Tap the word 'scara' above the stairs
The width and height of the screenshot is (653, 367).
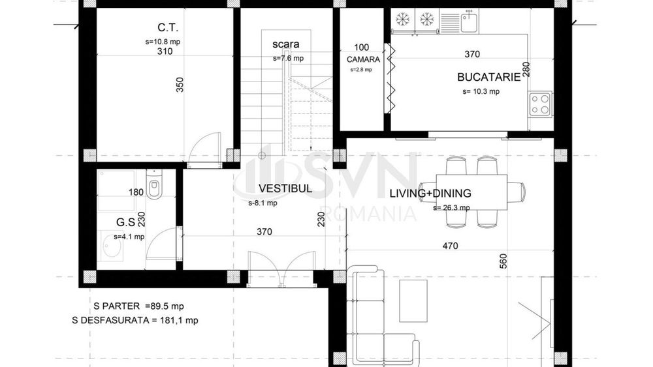[x=286, y=44]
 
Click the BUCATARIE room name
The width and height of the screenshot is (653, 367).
[x=488, y=77]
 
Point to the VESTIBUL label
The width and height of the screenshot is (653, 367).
[x=285, y=189]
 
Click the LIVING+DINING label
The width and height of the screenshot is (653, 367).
[x=430, y=194]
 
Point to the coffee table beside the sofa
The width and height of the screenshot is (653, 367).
[x=413, y=301]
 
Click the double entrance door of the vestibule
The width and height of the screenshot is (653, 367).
[x=281, y=269]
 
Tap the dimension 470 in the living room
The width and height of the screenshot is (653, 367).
[x=450, y=246]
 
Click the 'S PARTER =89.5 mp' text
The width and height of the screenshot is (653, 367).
[x=138, y=305]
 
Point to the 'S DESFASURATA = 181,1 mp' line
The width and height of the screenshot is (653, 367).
[x=135, y=320]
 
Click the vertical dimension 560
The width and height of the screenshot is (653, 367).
[x=503, y=261]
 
